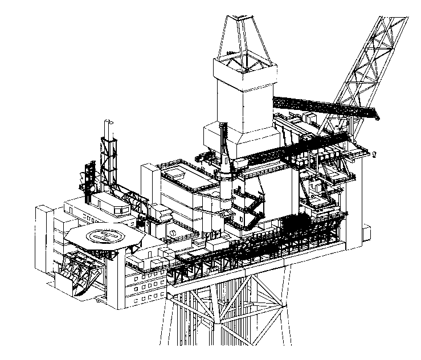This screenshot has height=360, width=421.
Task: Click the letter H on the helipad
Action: [x=106, y=236]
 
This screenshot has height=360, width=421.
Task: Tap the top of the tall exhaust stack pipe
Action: [x=108, y=121]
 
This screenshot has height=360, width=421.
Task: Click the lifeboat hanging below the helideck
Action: [x=80, y=271]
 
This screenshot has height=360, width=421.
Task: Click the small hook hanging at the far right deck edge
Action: [x=374, y=154]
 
